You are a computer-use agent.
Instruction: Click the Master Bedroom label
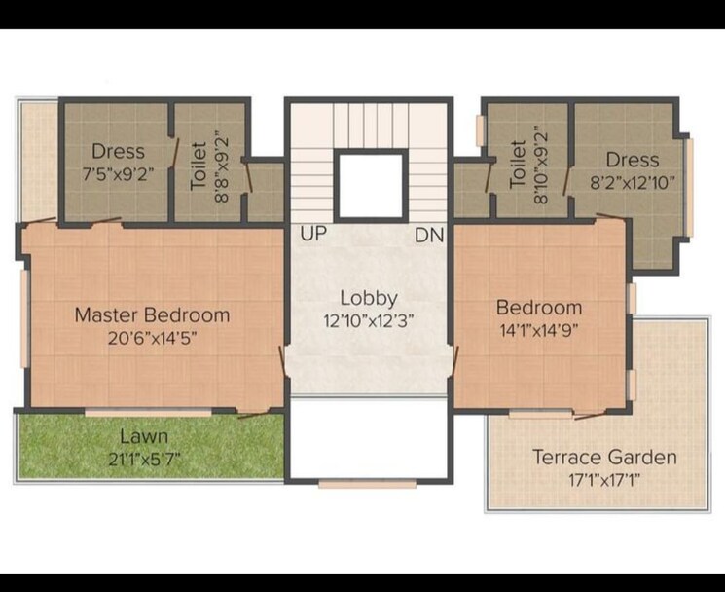pos(152,314)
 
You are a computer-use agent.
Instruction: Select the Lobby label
pos(368,298)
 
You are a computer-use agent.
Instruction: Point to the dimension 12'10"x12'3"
pos(368,320)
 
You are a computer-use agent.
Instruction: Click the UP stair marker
pos(312,236)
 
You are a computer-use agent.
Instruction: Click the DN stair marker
pos(428,236)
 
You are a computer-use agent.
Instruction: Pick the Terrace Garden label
pos(604,457)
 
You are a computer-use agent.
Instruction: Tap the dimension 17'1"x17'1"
pos(604,480)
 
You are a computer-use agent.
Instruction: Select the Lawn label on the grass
pos(143,436)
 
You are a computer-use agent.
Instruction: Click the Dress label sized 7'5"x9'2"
pos(118,151)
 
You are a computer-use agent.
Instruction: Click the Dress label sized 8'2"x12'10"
pos(632,159)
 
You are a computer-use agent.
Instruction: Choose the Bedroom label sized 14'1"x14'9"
pos(539,307)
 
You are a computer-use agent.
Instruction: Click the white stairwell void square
pos(370,185)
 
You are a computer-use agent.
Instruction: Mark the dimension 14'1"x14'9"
pos(539,329)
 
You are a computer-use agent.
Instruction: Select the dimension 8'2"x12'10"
pos(632,181)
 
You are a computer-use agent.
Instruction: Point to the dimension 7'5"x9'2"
pos(118,176)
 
